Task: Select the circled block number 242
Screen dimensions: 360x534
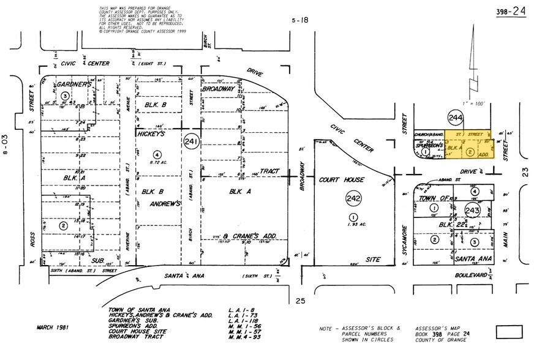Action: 353,198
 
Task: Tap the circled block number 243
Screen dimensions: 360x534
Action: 472,211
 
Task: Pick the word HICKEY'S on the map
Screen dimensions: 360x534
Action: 151,132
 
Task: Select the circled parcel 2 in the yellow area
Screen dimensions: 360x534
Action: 470,151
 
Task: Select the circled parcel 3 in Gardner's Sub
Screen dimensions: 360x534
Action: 64,95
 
